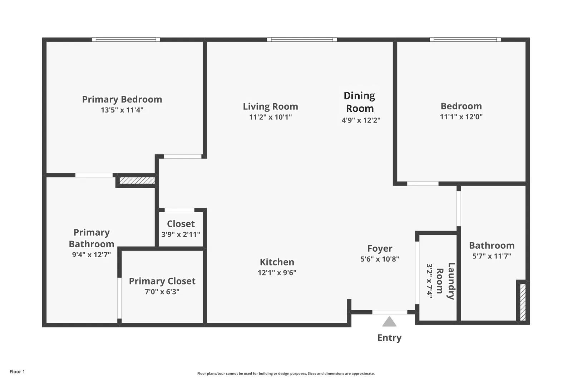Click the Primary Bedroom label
pos(122,99)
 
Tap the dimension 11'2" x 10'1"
pos(270,117)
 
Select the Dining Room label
pos(359,102)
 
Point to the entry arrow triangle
pos(389,322)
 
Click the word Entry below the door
pos(389,338)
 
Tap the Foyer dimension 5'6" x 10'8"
pos(380,259)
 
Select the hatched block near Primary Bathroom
pos(137,180)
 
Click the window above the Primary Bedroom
pos(126,40)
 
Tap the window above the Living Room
pos(302,40)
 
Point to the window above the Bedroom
pos(465,40)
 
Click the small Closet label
pos(181,224)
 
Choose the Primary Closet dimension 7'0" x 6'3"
pos(162,292)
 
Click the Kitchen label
pos(277,262)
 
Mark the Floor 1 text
pos(17,372)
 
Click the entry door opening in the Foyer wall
pos(389,312)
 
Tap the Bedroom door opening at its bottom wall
pos(423,184)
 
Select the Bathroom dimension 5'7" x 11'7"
pos(492,256)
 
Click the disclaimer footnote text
pos(286,373)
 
